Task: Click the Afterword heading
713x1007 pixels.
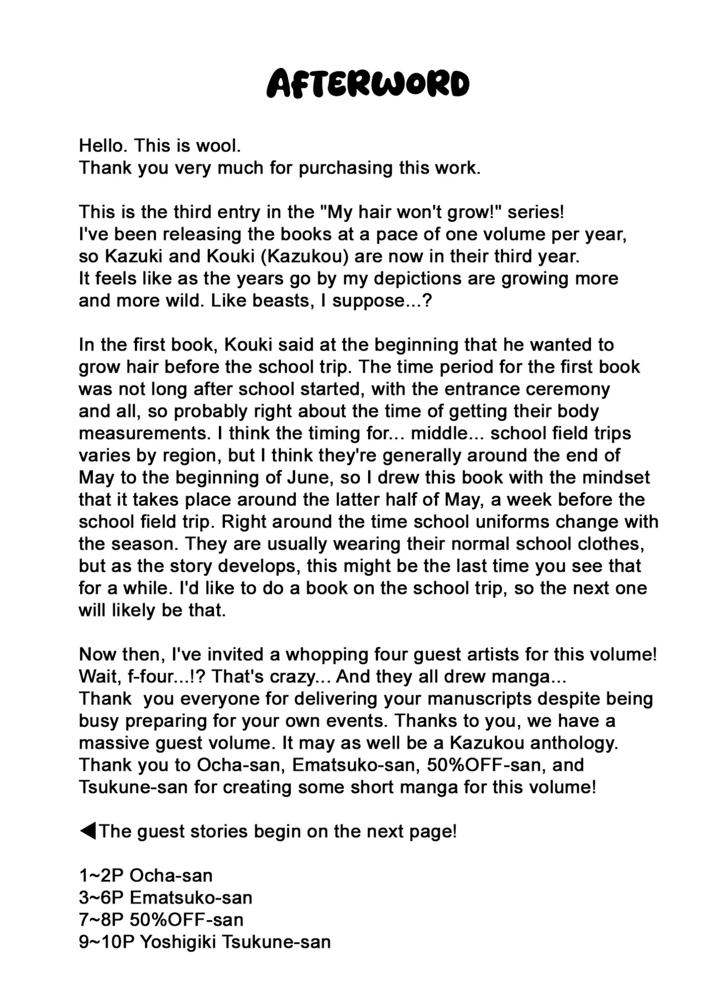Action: tap(368, 85)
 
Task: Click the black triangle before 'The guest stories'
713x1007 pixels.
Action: tap(87, 831)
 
